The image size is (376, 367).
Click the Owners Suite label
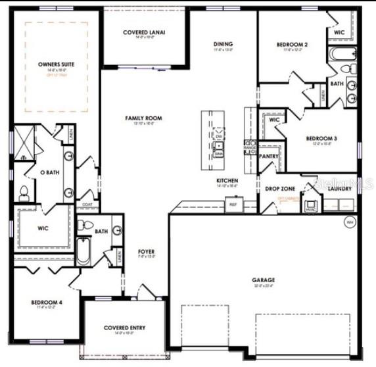56,64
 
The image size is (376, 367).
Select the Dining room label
223,45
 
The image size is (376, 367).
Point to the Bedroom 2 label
293,45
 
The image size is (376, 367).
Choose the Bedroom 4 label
47,303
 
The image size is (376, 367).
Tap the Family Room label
143,118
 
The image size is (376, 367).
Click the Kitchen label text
227,180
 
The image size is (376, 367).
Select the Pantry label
270,157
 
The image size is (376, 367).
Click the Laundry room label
339,189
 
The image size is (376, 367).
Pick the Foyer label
146,252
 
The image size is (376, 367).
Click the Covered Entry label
124,328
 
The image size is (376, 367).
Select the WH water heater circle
350,222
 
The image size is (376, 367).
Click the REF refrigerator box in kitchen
233,205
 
